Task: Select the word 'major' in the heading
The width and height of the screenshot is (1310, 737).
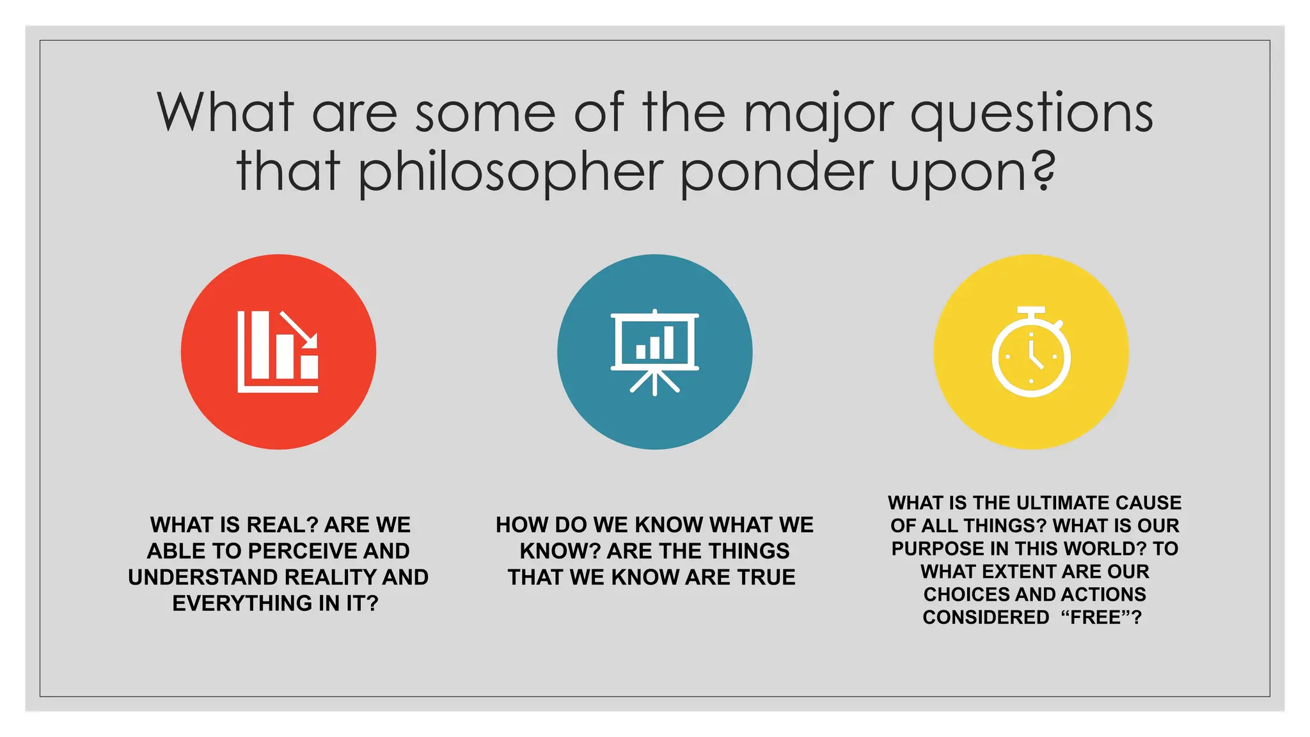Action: pyautogui.click(x=819, y=113)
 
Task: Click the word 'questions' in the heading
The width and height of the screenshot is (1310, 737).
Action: pyautogui.click(x=1031, y=113)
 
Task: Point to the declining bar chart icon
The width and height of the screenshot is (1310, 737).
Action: pyautogui.click(x=278, y=352)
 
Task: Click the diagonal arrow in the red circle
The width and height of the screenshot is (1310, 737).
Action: pyautogui.click(x=299, y=329)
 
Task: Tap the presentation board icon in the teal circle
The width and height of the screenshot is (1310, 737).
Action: pyautogui.click(x=654, y=352)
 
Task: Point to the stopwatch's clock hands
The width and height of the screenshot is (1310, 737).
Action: pyautogui.click(x=1034, y=356)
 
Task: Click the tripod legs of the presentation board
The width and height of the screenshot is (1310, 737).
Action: pyautogui.click(x=654, y=382)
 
